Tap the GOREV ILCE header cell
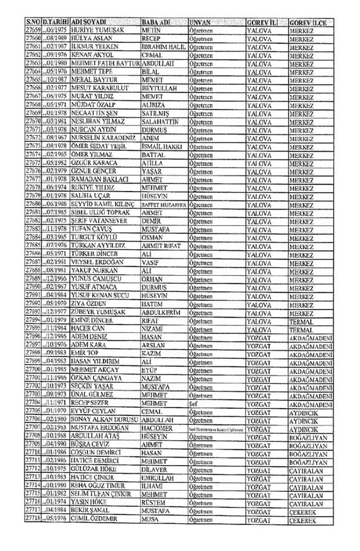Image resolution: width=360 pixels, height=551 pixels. tap(307, 21)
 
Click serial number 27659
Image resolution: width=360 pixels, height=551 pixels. tap(34, 30)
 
